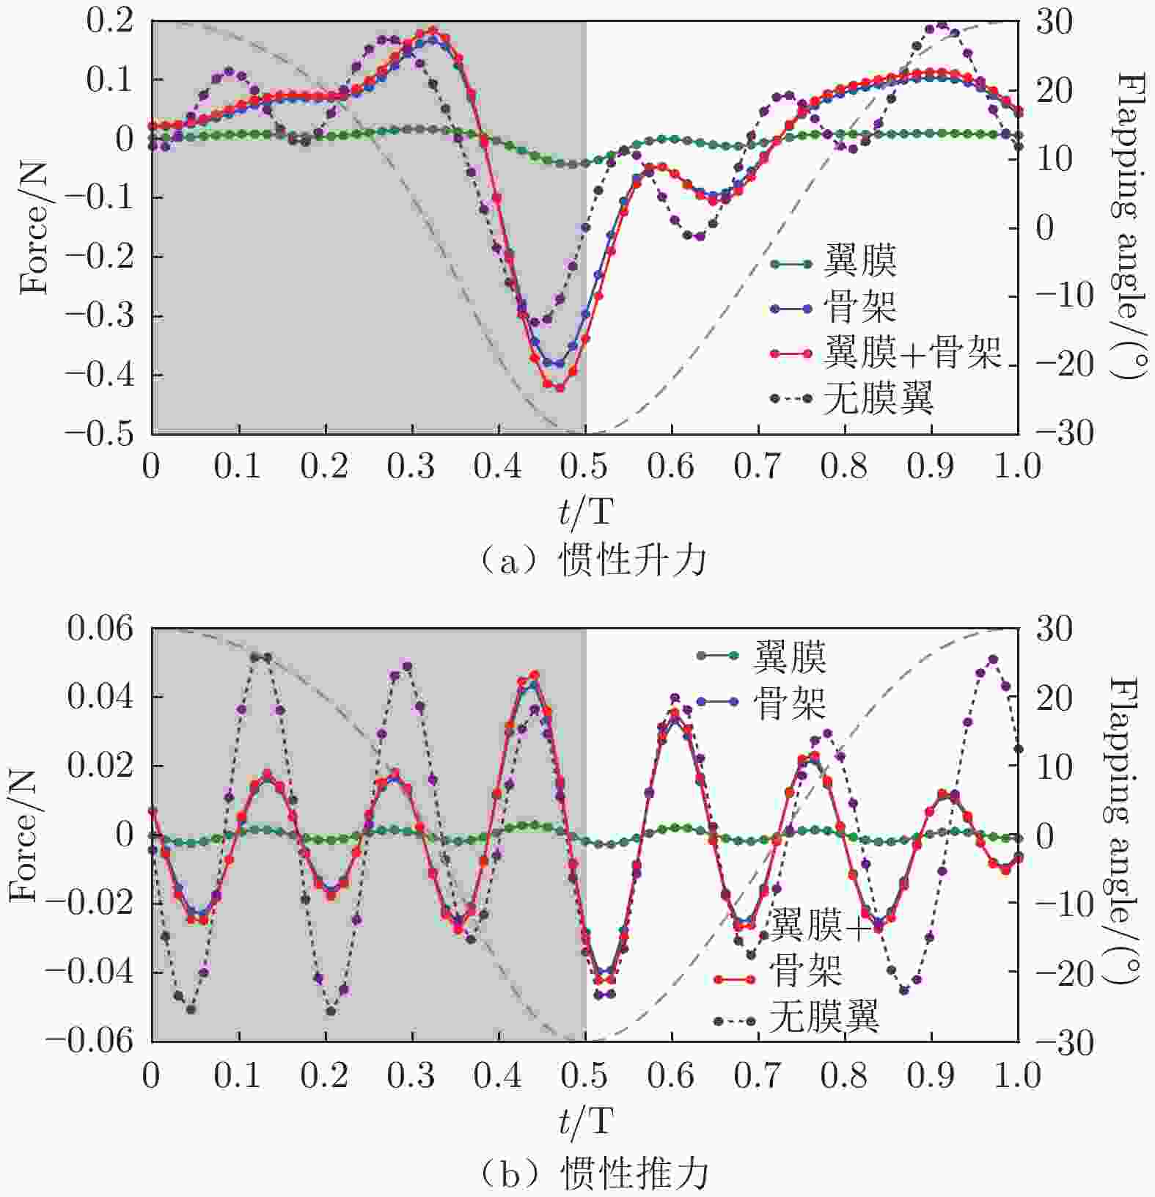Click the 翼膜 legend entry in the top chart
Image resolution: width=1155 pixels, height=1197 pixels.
(859, 262)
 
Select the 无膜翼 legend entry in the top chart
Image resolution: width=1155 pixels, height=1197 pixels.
(878, 398)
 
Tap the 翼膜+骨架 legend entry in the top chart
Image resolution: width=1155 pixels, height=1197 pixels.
(912, 353)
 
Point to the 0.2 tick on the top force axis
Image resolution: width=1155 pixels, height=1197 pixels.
(110, 21)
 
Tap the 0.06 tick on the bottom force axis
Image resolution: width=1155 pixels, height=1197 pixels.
(101, 629)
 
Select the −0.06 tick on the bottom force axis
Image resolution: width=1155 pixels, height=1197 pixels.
(91, 1040)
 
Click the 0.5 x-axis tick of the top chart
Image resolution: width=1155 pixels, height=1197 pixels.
(584, 466)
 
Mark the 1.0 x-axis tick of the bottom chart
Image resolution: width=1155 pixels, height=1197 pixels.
(1017, 1076)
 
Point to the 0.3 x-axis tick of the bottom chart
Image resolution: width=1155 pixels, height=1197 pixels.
(412, 1076)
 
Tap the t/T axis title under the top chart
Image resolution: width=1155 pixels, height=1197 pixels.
(584, 511)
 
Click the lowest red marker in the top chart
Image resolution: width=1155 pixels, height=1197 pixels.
(560, 387)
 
